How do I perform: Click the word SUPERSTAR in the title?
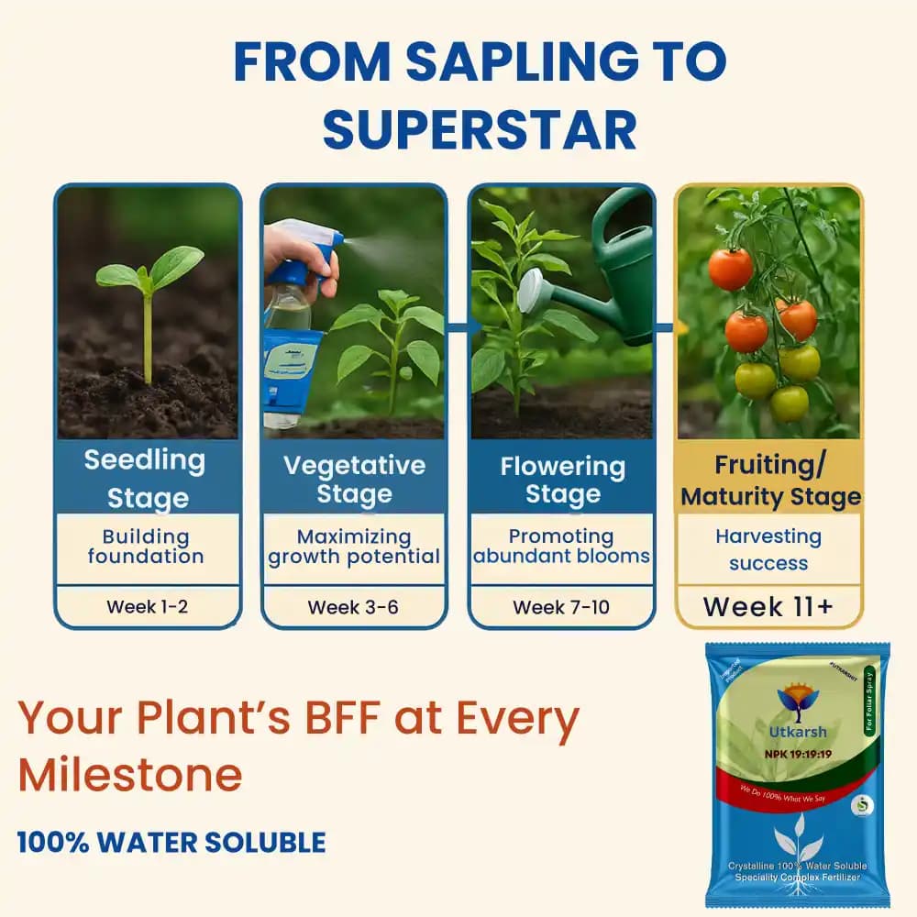point(480,130)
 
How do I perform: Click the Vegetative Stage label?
point(354,480)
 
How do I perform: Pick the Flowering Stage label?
point(562,480)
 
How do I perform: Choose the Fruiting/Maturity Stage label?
point(770,481)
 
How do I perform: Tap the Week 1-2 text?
point(148,606)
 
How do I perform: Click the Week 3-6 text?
point(353,607)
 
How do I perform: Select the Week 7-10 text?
point(561,607)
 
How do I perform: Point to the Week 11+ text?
point(768,607)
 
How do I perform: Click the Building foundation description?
point(146,547)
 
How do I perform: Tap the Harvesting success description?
point(768,549)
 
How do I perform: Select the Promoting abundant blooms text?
point(561,547)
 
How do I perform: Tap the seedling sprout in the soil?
point(149,293)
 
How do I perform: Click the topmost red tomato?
point(730,268)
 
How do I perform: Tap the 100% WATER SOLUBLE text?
point(171,842)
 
